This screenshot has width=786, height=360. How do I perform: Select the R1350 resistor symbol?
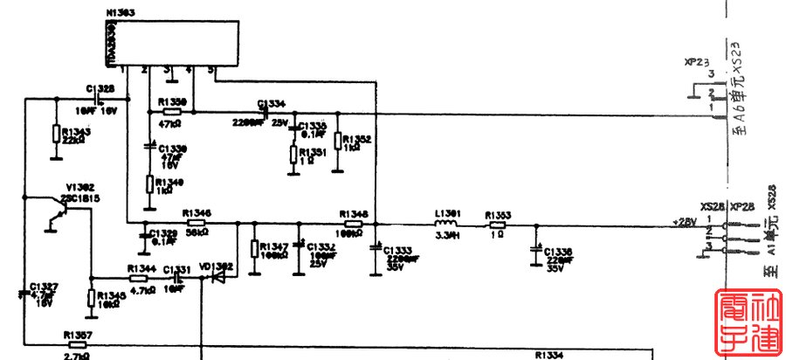[x=172, y=111]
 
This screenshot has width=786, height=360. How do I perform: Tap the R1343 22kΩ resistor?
[x=56, y=134]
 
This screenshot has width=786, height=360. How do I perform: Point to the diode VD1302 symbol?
[x=218, y=275]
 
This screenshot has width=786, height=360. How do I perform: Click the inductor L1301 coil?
[x=447, y=225]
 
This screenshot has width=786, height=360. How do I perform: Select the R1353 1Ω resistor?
[x=497, y=225]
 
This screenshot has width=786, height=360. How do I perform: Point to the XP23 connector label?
[x=696, y=63]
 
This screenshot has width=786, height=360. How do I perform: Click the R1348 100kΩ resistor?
[x=351, y=224]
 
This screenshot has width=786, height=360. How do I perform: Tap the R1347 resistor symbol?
[x=253, y=249]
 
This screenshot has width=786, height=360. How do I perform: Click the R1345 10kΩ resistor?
[x=90, y=298]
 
